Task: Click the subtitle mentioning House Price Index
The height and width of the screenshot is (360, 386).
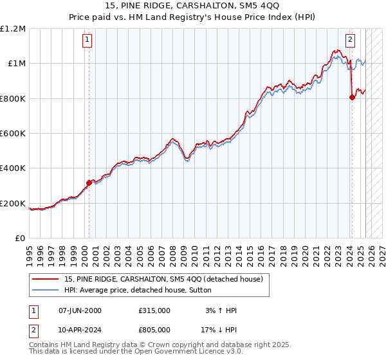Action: click(192, 18)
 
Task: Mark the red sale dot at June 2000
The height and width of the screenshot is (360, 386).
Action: click(89, 183)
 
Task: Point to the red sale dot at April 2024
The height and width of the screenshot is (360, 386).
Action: click(352, 98)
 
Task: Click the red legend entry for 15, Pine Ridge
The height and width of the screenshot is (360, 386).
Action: click(163, 279)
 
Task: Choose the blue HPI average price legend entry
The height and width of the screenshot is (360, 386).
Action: click(147, 291)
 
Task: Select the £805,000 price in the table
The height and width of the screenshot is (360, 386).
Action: click(154, 330)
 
